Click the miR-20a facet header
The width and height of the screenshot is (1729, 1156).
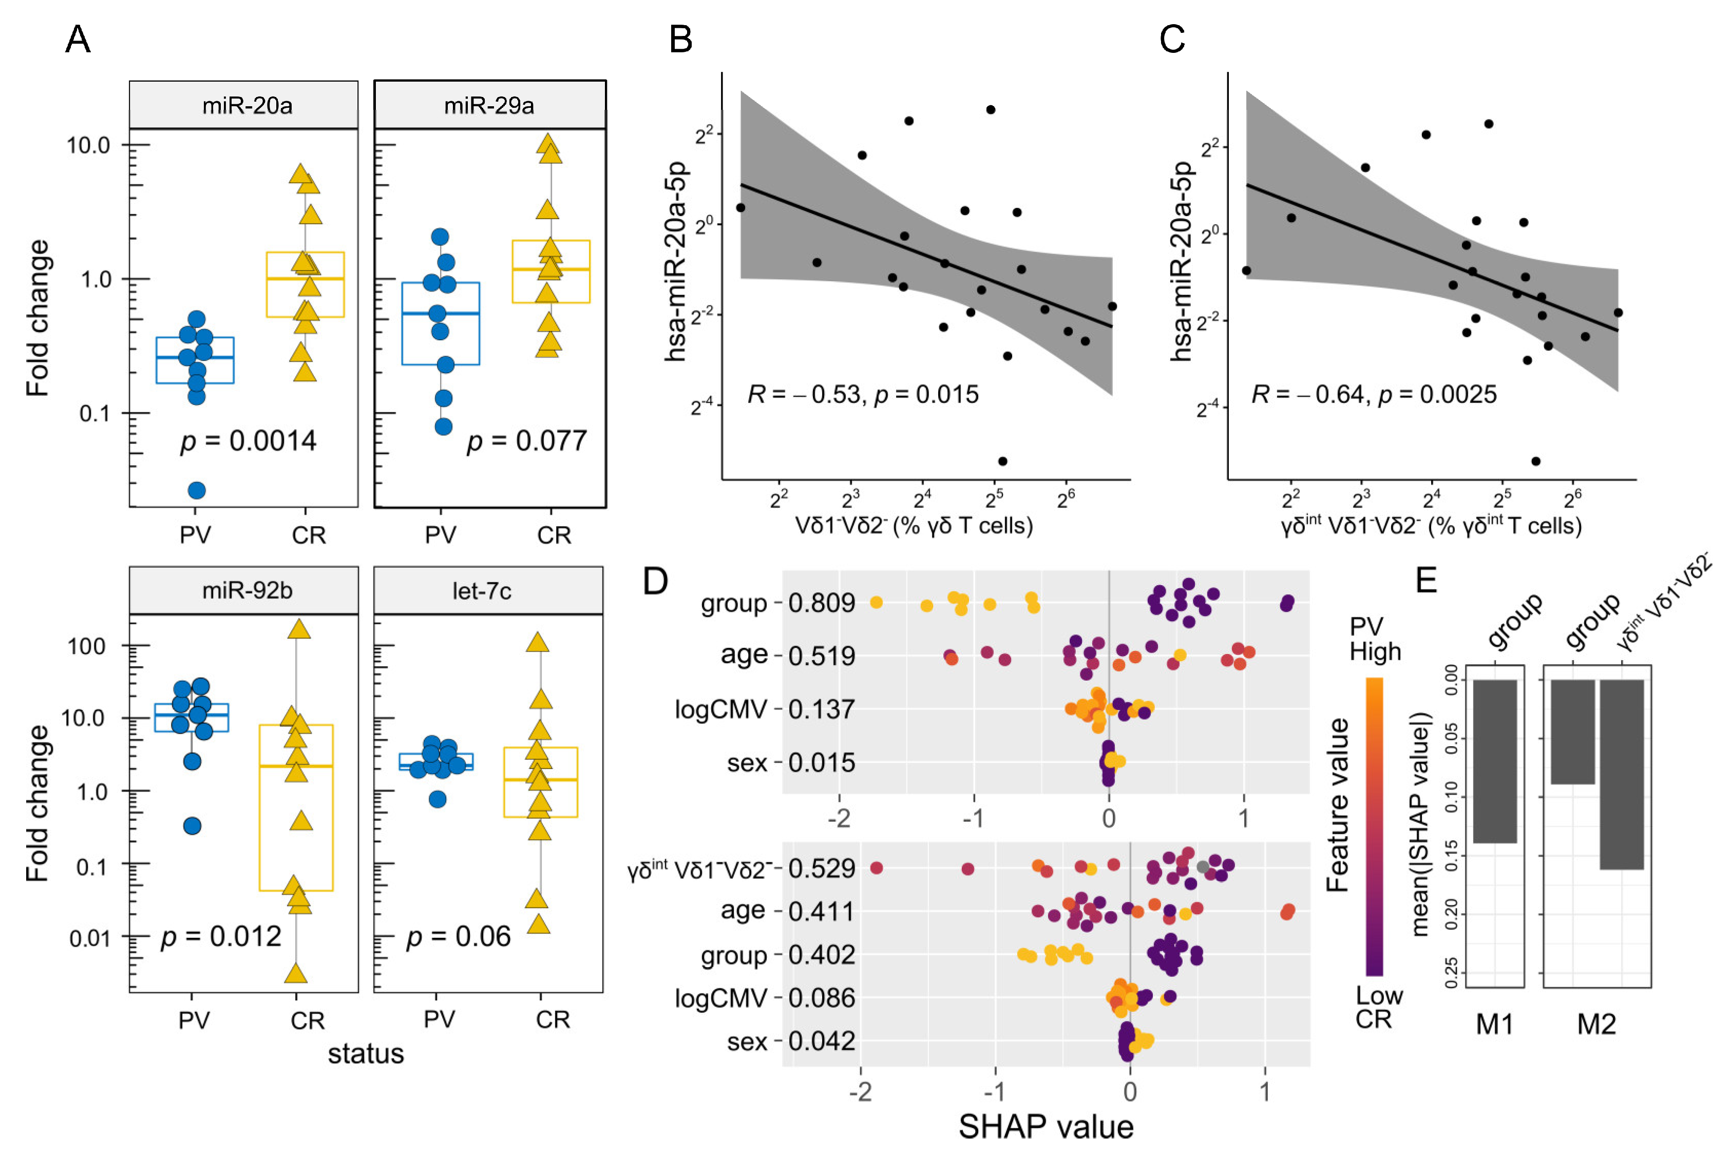point(247,105)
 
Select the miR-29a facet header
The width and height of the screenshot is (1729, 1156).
point(489,105)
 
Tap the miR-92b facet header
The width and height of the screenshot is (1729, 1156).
point(247,590)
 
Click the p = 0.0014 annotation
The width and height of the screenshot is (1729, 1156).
point(249,441)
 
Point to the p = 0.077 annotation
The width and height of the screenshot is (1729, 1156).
point(526,441)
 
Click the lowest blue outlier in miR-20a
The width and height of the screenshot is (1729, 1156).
point(197,490)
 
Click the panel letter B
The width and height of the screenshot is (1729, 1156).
point(680,39)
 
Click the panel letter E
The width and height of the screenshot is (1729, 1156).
point(1426,580)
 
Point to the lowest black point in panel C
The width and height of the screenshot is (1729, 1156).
point(1536,461)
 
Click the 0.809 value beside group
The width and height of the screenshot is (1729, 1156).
point(822,603)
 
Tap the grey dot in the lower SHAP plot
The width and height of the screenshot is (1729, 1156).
point(1203,867)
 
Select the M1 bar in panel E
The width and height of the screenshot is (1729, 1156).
point(1495,761)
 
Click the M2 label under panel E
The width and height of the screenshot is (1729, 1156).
point(1597,1024)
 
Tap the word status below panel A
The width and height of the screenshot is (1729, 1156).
point(366,1054)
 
